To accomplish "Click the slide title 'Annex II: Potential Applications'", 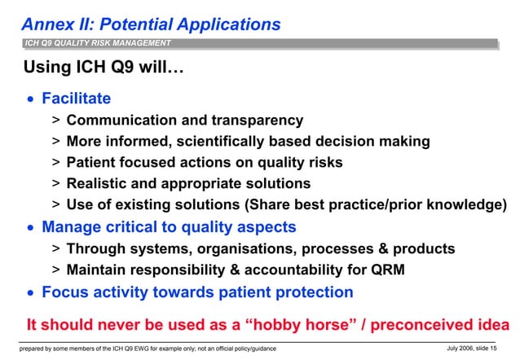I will tap(151, 24).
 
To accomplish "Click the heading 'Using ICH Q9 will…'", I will tap(104, 67).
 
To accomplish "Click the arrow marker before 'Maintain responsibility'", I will tap(55, 270).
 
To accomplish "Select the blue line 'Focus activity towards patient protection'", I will tap(197, 292).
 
